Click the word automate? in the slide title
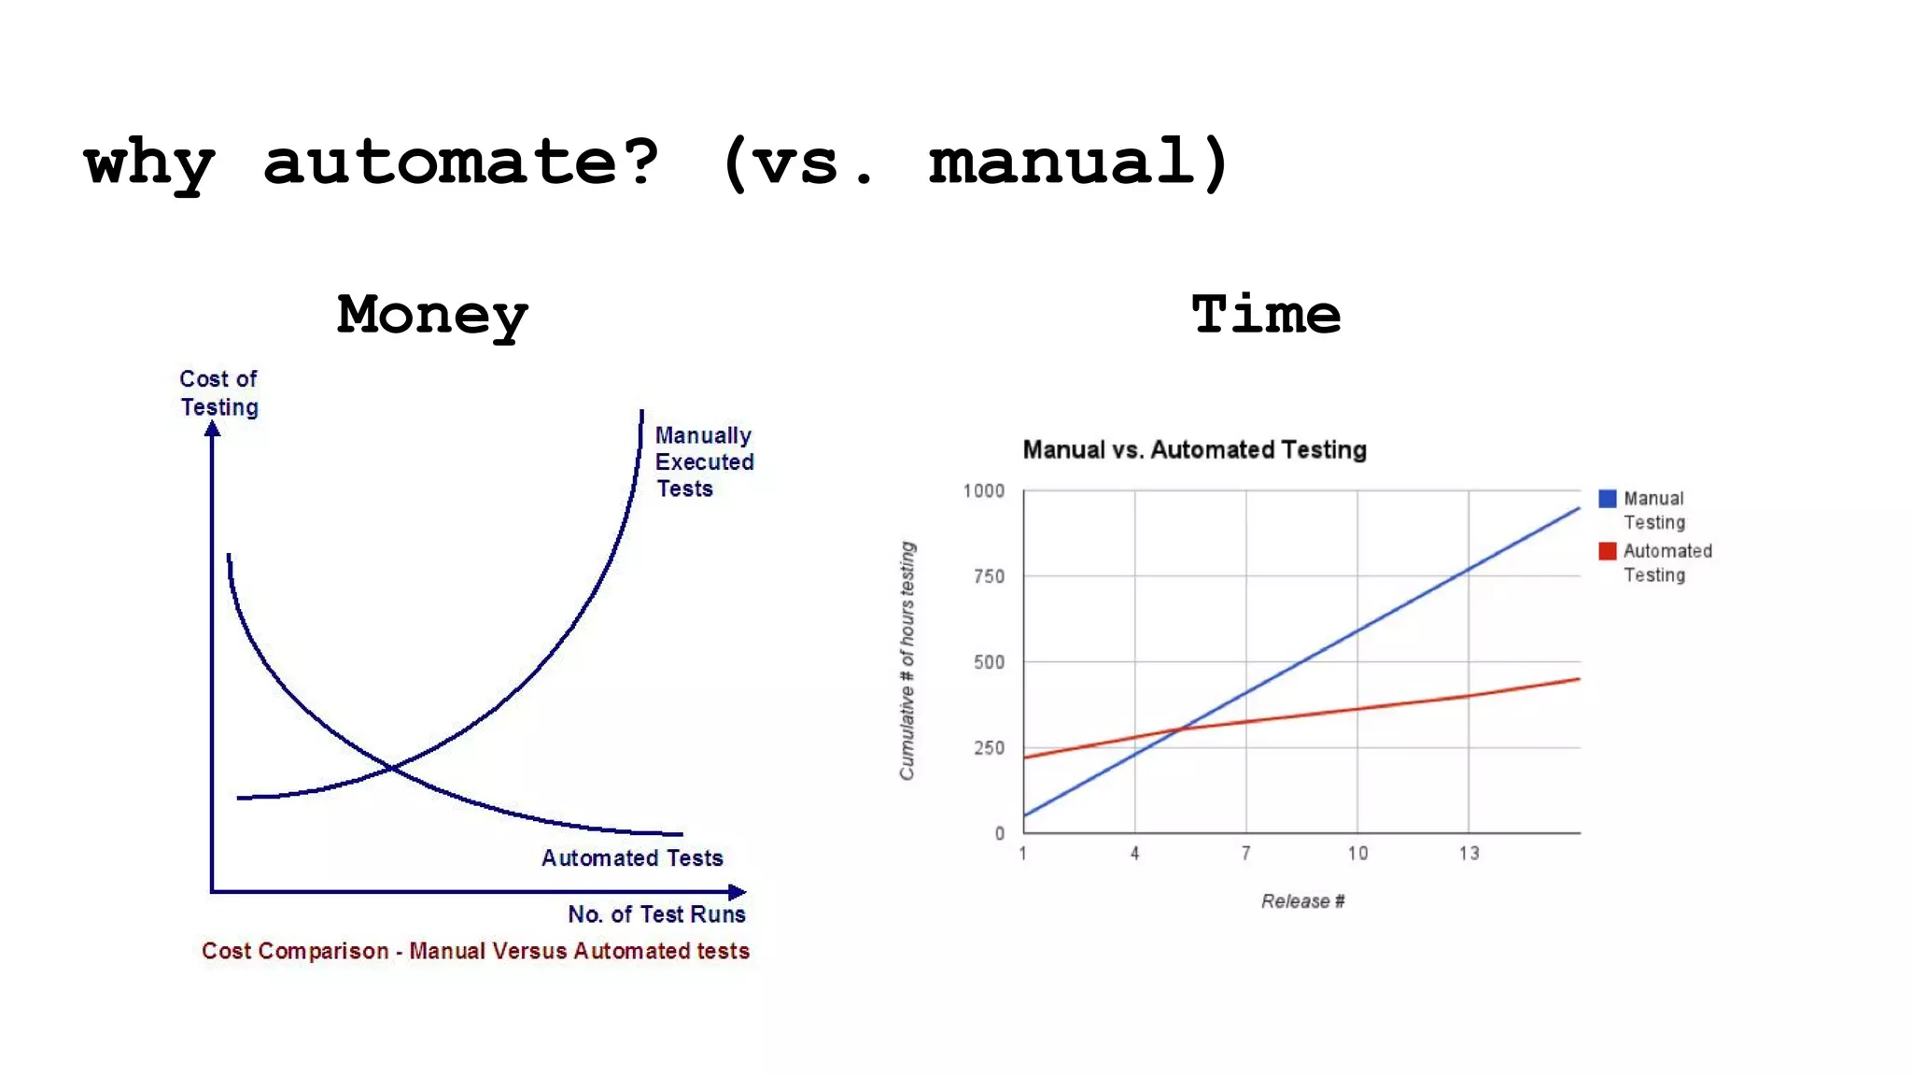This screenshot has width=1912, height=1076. (x=461, y=163)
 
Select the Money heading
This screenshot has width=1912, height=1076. (x=432, y=315)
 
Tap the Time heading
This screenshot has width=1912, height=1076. (x=1265, y=315)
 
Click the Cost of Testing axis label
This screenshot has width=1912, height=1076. (x=218, y=392)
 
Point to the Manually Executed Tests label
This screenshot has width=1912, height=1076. (x=703, y=461)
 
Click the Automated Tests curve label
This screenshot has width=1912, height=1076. (x=632, y=857)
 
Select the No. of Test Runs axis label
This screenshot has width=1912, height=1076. (x=656, y=913)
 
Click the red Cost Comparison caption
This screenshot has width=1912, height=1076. (x=475, y=951)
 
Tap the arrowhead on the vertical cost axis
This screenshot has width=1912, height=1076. (x=212, y=429)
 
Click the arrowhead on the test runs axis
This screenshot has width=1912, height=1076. (x=738, y=892)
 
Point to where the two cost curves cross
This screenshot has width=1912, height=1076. (x=391, y=768)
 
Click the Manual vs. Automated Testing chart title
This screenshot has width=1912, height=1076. (x=1194, y=450)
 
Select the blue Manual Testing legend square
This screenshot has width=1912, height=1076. (x=1607, y=499)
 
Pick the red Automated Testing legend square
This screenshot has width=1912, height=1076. (x=1607, y=551)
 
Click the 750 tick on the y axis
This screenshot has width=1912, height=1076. (x=989, y=576)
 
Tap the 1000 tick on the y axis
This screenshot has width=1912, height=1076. (x=984, y=491)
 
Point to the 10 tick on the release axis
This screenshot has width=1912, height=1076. (x=1357, y=853)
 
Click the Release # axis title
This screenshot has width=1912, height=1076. (x=1302, y=901)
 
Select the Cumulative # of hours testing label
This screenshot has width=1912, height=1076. (x=907, y=660)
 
